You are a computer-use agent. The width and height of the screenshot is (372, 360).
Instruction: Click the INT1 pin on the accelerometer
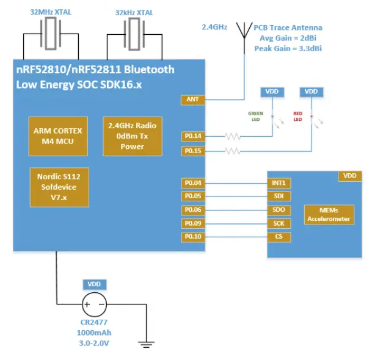(x=279, y=182)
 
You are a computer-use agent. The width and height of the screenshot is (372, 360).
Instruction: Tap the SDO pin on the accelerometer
(x=279, y=210)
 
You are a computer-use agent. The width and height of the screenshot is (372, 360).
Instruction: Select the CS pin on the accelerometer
(x=279, y=236)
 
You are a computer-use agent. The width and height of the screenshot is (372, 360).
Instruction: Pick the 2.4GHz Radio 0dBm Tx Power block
(x=132, y=136)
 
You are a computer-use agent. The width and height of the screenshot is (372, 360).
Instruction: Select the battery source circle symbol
(x=94, y=304)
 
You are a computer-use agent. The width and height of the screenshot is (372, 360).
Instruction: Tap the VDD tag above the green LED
(x=271, y=92)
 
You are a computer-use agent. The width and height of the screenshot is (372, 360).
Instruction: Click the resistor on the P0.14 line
(x=232, y=136)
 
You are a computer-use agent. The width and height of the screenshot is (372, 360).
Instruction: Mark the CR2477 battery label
(x=94, y=323)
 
